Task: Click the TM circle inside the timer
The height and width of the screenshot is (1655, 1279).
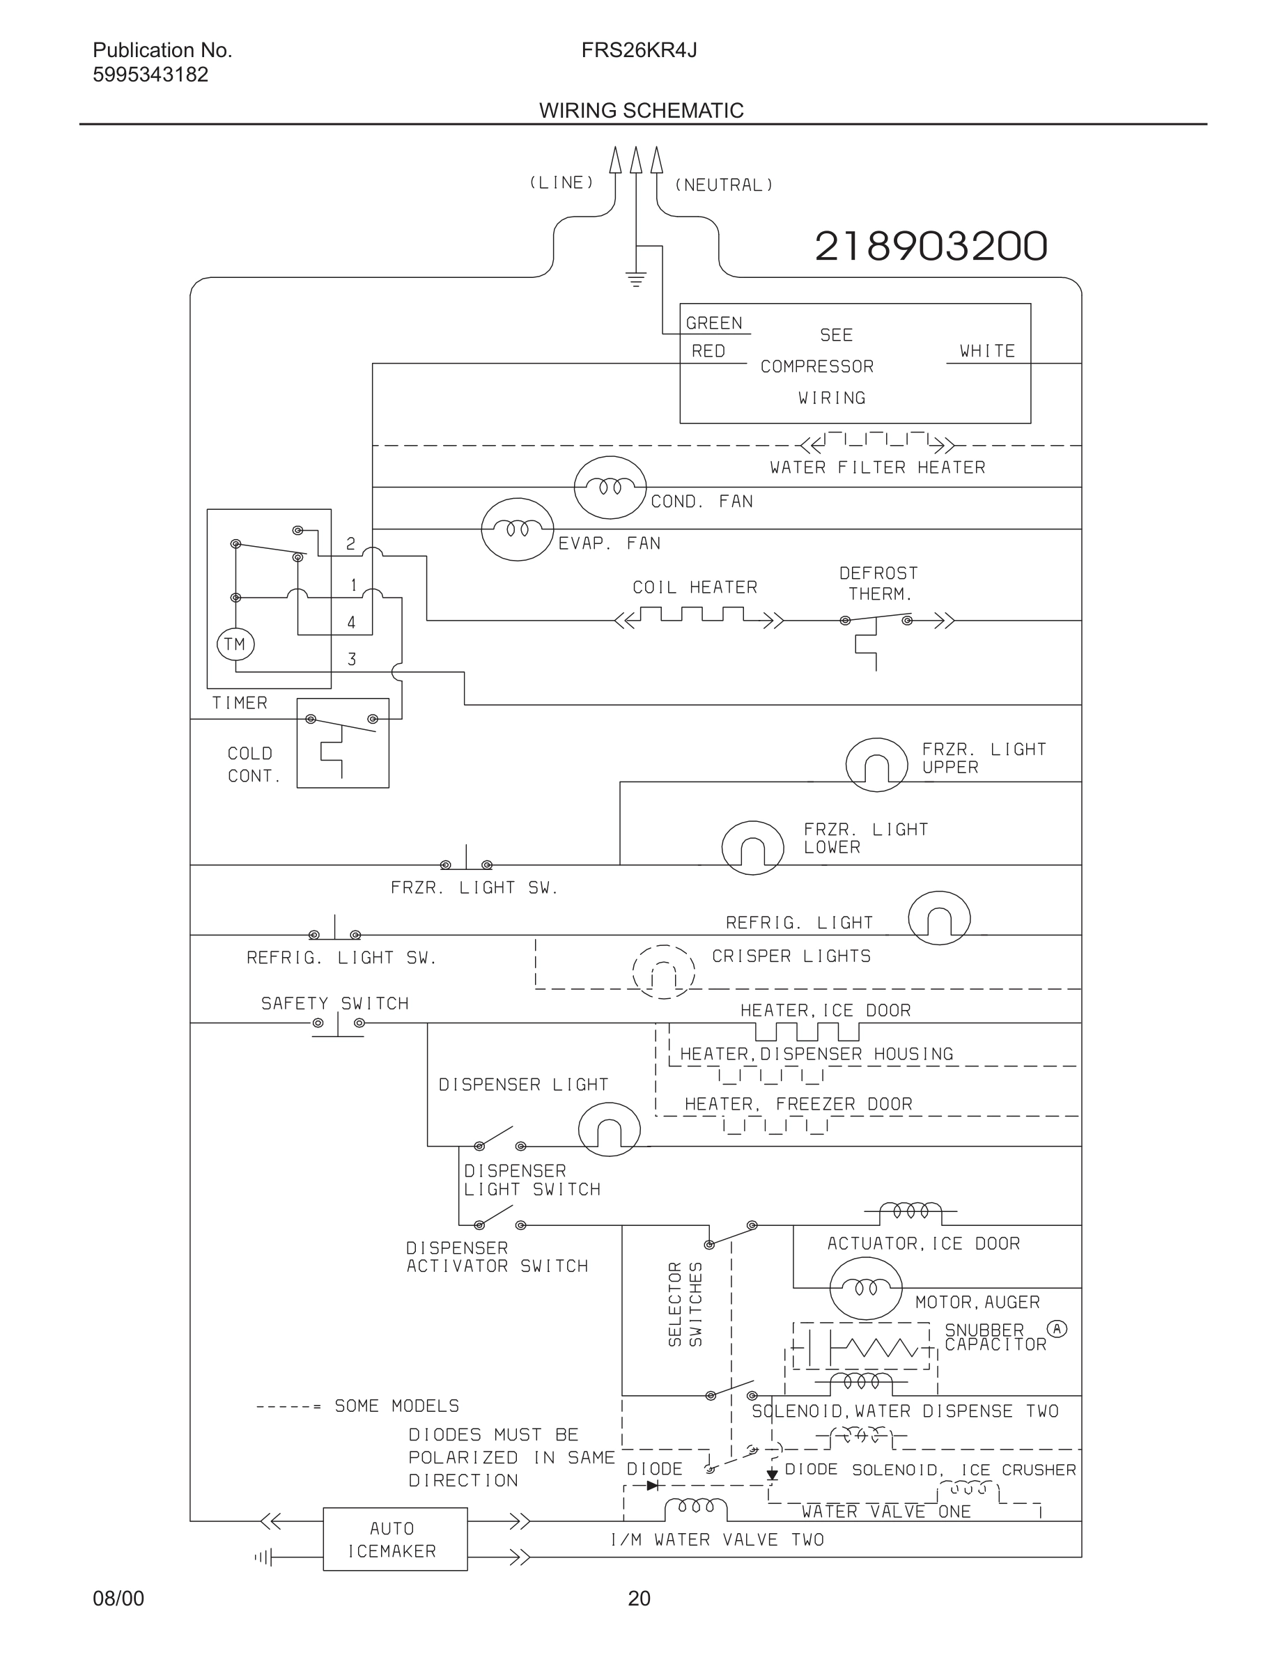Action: (235, 644)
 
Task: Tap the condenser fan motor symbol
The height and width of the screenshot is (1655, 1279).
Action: (610, 488)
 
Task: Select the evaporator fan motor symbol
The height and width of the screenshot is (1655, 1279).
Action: (518, 529)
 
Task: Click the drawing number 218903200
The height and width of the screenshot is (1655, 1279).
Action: (931, 247)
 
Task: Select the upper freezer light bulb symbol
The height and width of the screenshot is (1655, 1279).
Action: (876, 765)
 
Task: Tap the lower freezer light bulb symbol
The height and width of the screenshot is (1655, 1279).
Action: (752, 848)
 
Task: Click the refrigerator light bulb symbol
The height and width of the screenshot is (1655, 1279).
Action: (939, 917)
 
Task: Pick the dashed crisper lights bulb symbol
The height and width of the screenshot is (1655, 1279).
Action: (664, 972)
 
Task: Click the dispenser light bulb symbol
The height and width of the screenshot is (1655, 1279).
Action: (609, 1129)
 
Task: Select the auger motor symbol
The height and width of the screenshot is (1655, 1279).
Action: (865, 1287)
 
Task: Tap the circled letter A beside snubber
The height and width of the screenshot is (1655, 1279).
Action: (1056, 1328)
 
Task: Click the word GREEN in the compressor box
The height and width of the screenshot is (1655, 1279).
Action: (714, 324)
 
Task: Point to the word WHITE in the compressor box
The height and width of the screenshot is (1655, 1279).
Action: (986, 351)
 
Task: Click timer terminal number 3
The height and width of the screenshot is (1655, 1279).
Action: (352, 659)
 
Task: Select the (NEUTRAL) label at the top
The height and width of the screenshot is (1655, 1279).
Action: (724, 185)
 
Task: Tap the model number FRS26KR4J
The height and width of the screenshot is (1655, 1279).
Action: (639, 50)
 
